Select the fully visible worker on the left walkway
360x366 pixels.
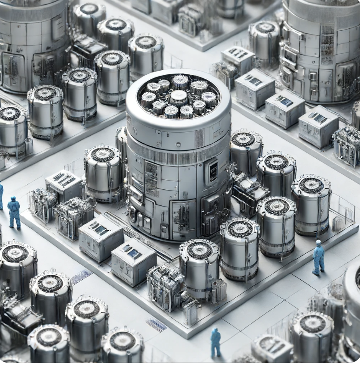[x=14, y=212]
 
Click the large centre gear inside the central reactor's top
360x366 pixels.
[x=179, y=97]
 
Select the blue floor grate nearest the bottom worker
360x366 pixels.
[x=157, y=325]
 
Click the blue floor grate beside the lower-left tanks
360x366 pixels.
[x=81, y=277]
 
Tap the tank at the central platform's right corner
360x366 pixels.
[x=311, y=204]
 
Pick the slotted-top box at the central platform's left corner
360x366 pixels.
[x=64, y=185]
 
